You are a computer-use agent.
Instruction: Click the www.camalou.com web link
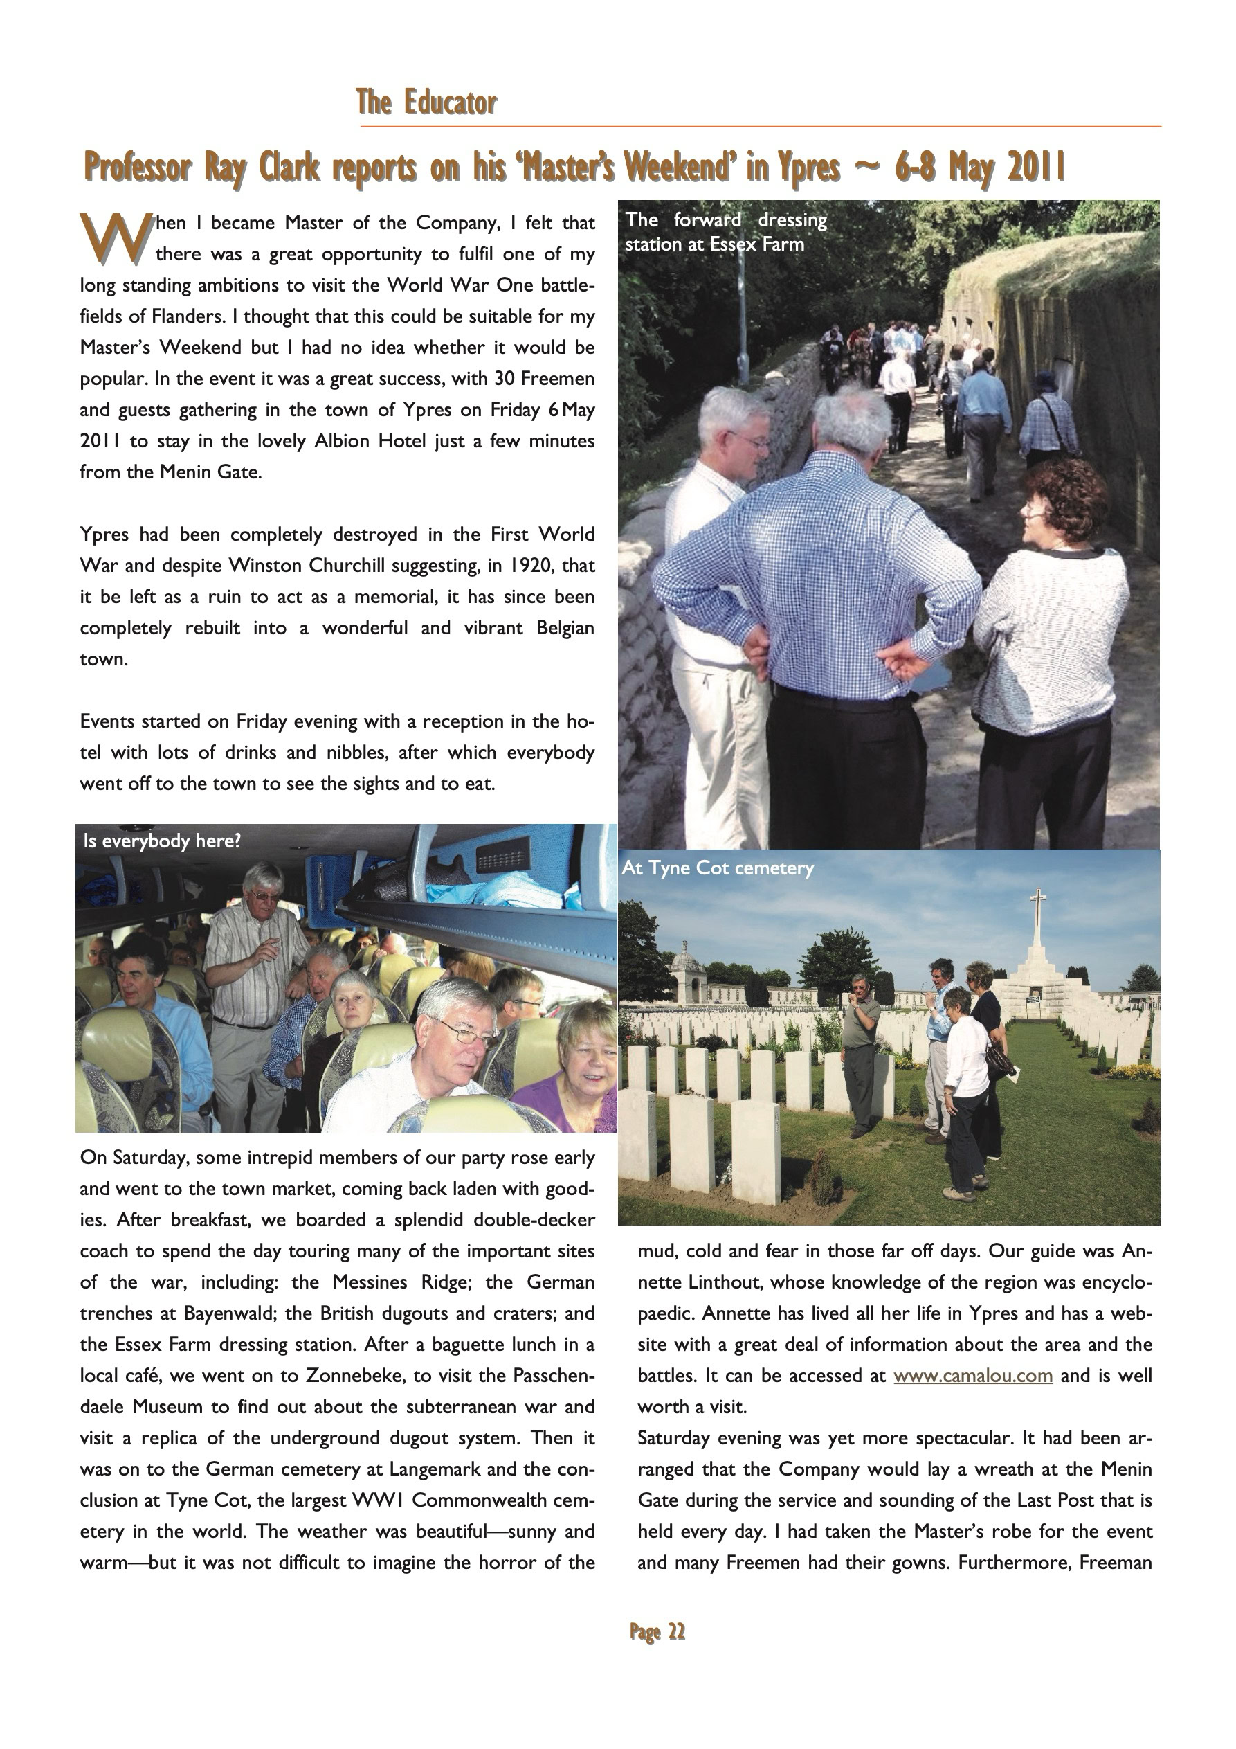pos(972,1376)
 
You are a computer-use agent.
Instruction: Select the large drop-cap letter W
pos(113,237)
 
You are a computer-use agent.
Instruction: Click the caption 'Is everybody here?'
pos(162,841)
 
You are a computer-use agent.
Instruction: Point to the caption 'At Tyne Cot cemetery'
pos(718,868)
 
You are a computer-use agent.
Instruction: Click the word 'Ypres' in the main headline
pos(808,168)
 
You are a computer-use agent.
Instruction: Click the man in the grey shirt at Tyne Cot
pos(863,1051)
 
